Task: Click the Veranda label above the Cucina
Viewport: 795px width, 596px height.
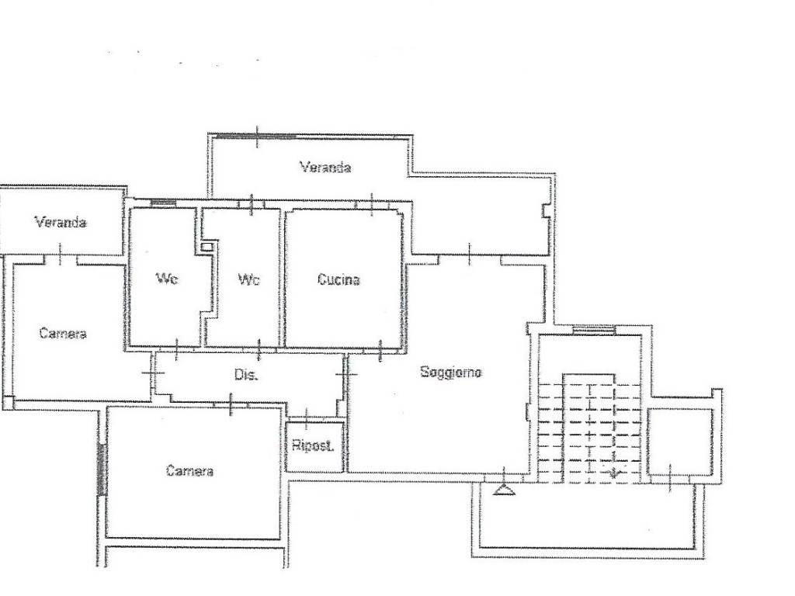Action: [325, 168]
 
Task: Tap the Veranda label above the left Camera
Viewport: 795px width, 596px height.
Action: [61, 222]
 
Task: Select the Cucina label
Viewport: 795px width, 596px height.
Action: [338, 279]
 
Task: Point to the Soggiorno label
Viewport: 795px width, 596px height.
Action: [451, 372]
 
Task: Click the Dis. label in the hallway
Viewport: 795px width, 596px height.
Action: [246, 375]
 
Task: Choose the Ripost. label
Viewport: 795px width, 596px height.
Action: [313, 446]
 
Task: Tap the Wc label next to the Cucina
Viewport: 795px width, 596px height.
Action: [249, 279]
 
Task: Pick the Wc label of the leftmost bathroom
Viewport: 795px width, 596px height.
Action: [167, 279]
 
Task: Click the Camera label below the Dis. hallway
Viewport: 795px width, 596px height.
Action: [189, 471]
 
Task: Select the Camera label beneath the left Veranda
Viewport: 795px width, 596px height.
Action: [63, 334]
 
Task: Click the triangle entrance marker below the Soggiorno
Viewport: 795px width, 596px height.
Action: [503, 490]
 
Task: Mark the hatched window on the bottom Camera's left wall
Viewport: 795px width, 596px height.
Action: [102, 470]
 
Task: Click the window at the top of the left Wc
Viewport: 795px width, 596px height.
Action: [163, 203]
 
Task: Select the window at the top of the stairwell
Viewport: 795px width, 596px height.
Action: [594, 330]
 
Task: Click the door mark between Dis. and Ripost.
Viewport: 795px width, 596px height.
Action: [306, 418]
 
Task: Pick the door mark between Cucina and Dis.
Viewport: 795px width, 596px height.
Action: [380, 350]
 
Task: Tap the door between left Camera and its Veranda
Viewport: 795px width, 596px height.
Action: [61, 256]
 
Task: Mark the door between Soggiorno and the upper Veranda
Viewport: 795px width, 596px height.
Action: [470, 255]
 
